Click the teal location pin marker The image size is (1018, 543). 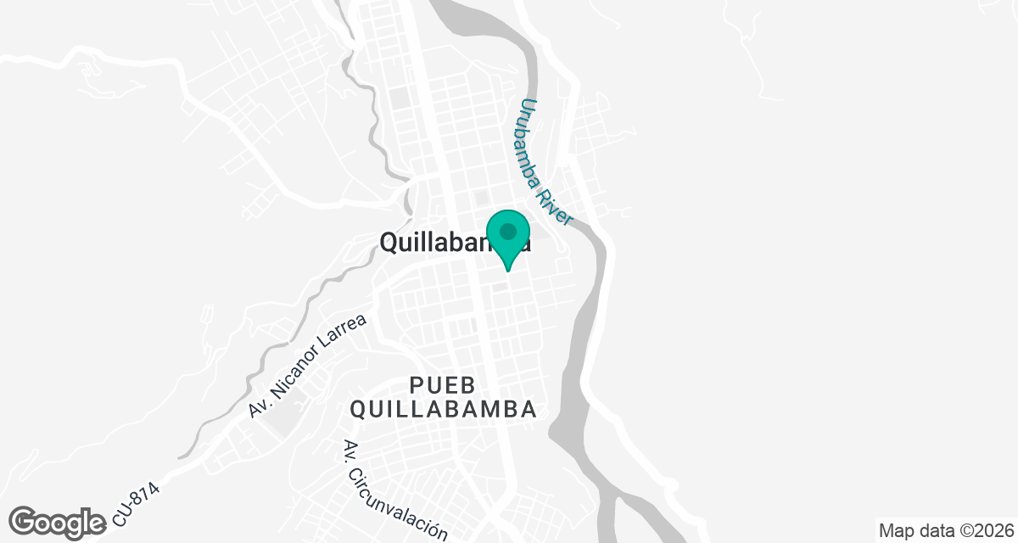tap(508, 237)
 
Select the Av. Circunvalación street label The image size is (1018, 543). tap(394, 491)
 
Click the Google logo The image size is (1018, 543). tap(58, 522)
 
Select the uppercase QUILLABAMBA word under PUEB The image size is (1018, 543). tap(444, 409)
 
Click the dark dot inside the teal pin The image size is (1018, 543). tap(508, 231)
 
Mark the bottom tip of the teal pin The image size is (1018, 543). tap(508, 271)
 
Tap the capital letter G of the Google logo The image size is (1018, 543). tap(25, 522)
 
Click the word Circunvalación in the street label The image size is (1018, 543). tap(404, 501)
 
